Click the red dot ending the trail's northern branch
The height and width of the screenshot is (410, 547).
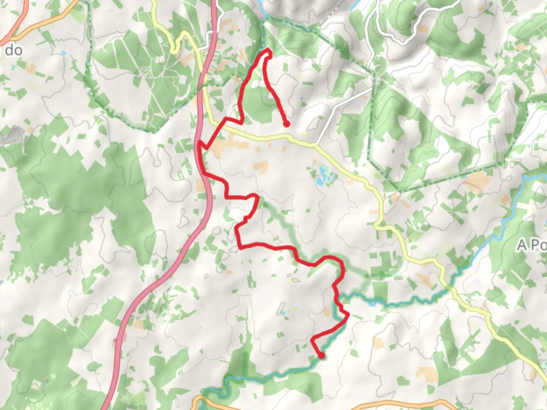(x=286, y=124)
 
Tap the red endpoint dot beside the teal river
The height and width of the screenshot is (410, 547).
(x=322, y=356)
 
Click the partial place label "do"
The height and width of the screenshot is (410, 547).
(x=14, y=50)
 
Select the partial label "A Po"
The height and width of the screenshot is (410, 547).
(x=532, y=245)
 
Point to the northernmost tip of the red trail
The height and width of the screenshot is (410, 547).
(x=268, y=50)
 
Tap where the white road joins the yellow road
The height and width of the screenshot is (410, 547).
(x=316, y=145)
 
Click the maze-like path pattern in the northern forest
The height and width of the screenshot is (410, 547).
(x=145, y=71)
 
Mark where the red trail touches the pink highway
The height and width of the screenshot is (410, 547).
(x=199, y=144)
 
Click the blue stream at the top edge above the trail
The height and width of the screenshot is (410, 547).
(x=260, y=8)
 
